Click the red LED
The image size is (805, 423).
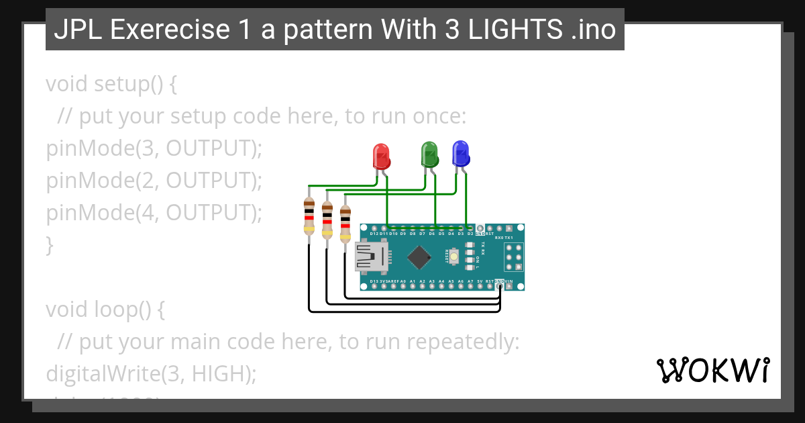point(381,156)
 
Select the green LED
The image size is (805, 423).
point(429,154)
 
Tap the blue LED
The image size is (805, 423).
point(461,153)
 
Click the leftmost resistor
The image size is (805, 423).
point(309,216)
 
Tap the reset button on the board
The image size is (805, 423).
point(455,256)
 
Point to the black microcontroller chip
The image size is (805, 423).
point(419,256)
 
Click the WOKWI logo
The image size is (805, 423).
point(712,370)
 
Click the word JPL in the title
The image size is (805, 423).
point(74,30)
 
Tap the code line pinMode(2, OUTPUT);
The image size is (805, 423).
point(154,181)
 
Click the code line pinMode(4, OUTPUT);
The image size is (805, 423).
point(154,213)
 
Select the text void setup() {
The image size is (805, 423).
point(111,85)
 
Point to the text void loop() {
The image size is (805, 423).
point(105,310)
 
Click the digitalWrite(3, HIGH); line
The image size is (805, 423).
point(151,374)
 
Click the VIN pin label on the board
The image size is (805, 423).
point(510,281)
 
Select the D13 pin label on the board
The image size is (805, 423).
point(374,281)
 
